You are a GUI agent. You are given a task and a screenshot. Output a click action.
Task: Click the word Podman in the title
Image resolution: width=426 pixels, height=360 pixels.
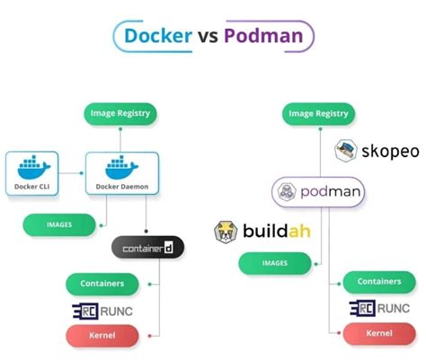[269, 36]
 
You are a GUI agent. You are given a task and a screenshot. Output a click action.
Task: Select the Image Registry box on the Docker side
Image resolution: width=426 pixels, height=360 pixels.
[121, 114]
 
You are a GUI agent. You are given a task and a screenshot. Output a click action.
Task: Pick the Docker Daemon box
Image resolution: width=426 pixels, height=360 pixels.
[121, 173]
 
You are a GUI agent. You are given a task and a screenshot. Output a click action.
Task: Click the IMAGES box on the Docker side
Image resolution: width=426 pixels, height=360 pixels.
[58, 223]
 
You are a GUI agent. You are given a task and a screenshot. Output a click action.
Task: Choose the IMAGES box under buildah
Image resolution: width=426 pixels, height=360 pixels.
[275, 263]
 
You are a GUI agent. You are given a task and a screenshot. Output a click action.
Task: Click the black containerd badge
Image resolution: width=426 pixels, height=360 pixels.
[147, 247]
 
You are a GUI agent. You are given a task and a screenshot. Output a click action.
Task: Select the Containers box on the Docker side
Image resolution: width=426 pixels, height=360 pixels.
[102, 284]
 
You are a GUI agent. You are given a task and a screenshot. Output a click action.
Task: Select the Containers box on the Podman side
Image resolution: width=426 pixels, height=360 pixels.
[378, 281]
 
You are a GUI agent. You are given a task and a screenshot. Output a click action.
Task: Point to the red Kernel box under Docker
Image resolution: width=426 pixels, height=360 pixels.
[102, 336]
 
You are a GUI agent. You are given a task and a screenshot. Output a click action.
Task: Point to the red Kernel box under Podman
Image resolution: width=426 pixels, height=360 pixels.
[378, 333]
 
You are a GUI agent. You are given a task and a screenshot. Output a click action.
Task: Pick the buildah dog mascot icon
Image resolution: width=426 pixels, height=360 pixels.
[225, 232]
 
